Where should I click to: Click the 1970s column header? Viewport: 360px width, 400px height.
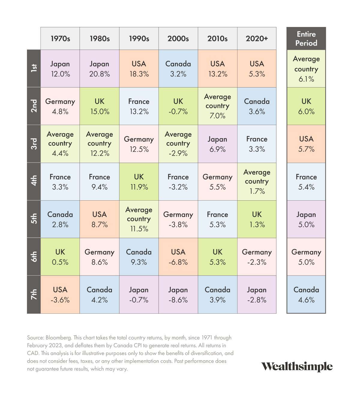point(60,39)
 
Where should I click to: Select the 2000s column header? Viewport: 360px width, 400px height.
point(178,39)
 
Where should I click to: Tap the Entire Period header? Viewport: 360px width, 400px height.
point(306,39)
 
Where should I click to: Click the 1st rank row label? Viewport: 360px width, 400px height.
point(34,68)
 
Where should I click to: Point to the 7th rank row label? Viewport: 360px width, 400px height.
point(34,294)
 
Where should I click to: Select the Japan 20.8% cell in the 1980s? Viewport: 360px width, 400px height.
point(99,69)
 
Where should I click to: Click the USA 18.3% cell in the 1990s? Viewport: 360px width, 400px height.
point(139,69)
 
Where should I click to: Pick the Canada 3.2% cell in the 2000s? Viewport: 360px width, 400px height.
point(178,69)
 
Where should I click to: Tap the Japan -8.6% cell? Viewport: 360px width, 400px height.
point(178,294)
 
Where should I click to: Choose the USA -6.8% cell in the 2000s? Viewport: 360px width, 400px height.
point(178,257)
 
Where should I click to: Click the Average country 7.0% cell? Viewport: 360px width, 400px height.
point(217,106)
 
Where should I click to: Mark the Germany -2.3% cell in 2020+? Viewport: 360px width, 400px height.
point(257,257)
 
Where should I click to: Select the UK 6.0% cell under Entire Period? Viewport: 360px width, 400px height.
point(306,106)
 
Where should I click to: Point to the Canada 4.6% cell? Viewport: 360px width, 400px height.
point(306,294)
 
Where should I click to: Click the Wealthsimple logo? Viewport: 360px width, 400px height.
point(297,366)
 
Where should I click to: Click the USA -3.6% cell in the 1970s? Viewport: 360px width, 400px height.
point(60,294)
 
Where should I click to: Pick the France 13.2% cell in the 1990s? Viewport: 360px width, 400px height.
point(139,106)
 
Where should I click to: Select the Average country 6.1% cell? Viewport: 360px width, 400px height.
point(306,69)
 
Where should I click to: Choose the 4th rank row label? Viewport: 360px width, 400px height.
point(34,181)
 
